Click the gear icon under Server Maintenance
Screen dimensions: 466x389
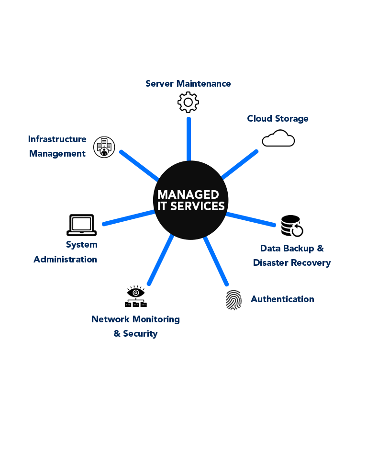(188, 102)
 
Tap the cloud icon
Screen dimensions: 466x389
(278, 138)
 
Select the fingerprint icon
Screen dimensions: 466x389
(233, 300)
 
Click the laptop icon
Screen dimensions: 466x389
(81, 225)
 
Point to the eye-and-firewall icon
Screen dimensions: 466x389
(136, 296)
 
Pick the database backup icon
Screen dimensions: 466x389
(292, 226)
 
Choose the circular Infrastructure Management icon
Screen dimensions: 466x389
(104, 147)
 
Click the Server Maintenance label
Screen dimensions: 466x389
(188, 84)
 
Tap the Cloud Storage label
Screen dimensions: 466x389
(278, 119)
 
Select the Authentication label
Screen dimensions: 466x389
(282, 299)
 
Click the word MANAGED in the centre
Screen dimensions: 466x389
(188, 194)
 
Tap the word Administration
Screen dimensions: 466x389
(66, 260)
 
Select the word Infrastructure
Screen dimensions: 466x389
(57, 139)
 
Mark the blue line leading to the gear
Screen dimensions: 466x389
(189, 139)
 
